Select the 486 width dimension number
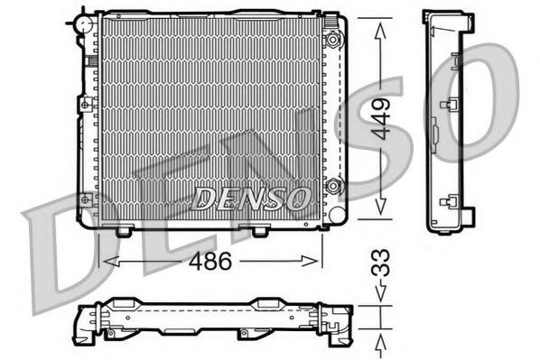[x=211, y=263]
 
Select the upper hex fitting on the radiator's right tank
[x=334, y=39]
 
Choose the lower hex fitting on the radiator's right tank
[x=334, y=187]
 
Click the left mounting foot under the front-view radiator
[x=125, y=232]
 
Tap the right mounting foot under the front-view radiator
[x=259, y=232]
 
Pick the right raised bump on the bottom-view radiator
[x=268, y=304]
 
